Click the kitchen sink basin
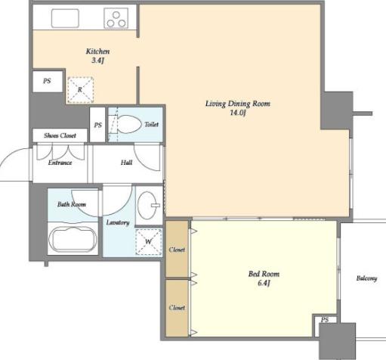pyautogui.click(x=65, y=18)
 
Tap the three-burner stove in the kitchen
pyautogui.click(x=116, y=18)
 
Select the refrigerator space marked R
pyautogui.click(x=80, y=90)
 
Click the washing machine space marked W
pyautogui.click(x=149, y=242)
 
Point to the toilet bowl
pyautogui.click(x=129, y=124)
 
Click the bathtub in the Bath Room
pyautogui.click(x=73, y=239)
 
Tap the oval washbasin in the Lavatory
pyautogui.click(x=147, y=205)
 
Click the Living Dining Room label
pyautogui.click(x=238, y=104)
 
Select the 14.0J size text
pyautogui.click(x=237, y=113)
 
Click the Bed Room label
pyautogui.click(x=264, y=274)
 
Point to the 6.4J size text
pyautogui.click(x=264, y=283)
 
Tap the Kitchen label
pyautogui.click(x=97, y=51)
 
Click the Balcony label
pyautogui.click(x=366, y=278)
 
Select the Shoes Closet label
pyautogui.click(x=60, y=135)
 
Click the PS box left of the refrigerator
pyautogui.click(x=48, y=81)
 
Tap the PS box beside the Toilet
pyautogui.click(x=97, y=125)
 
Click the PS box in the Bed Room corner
pyautogui.click(x=325, y=320)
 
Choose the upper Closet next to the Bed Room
pyautogui.click(x=177, y=249)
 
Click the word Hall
pyautogui.click(x=126, y=163)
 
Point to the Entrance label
pyautogui.click(x=60, y=163)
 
